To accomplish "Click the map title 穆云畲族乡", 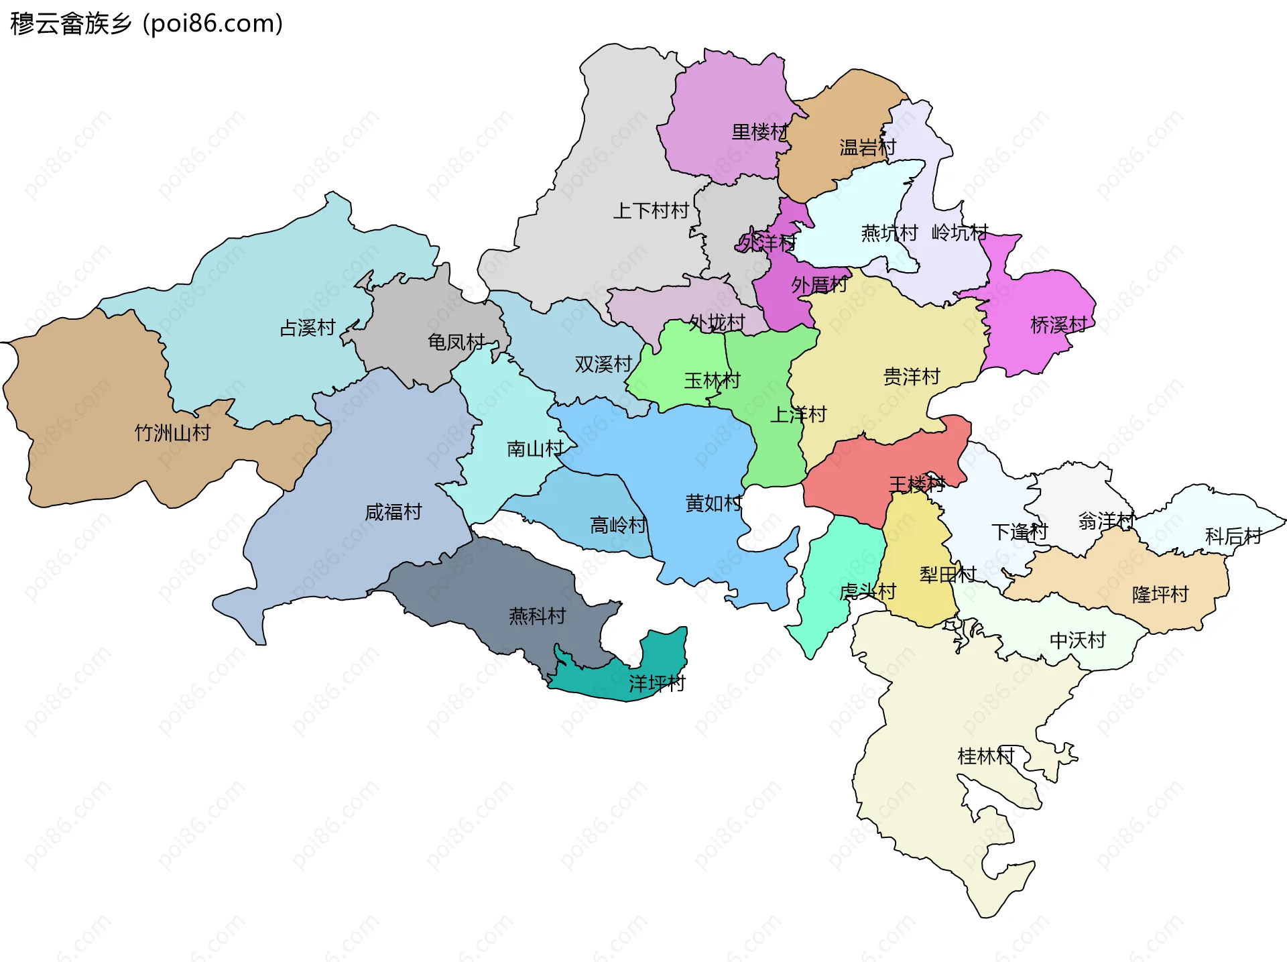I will (71, 23).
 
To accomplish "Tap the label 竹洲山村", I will (172, 433).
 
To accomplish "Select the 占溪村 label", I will (307, 328).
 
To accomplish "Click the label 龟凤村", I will (456, 342).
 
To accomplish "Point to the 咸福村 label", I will (393, 512).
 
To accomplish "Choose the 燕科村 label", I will (537, 615).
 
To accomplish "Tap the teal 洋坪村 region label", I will (656, 683).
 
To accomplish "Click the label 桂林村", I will (985, 756).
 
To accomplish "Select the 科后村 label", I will (1233, 536).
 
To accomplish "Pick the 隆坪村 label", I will (1160, 594).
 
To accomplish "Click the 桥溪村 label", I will (1058, 325).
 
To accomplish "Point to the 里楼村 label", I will (759, 132).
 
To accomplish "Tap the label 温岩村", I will (867, 147).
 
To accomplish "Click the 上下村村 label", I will (650, 211).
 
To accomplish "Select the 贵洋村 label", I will (911, 377).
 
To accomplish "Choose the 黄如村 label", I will (713, 503).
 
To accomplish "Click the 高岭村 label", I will (618, 525).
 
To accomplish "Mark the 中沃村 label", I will (1077, 640).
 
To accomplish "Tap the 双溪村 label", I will (603, 364).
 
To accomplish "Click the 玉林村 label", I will (711, 381).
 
